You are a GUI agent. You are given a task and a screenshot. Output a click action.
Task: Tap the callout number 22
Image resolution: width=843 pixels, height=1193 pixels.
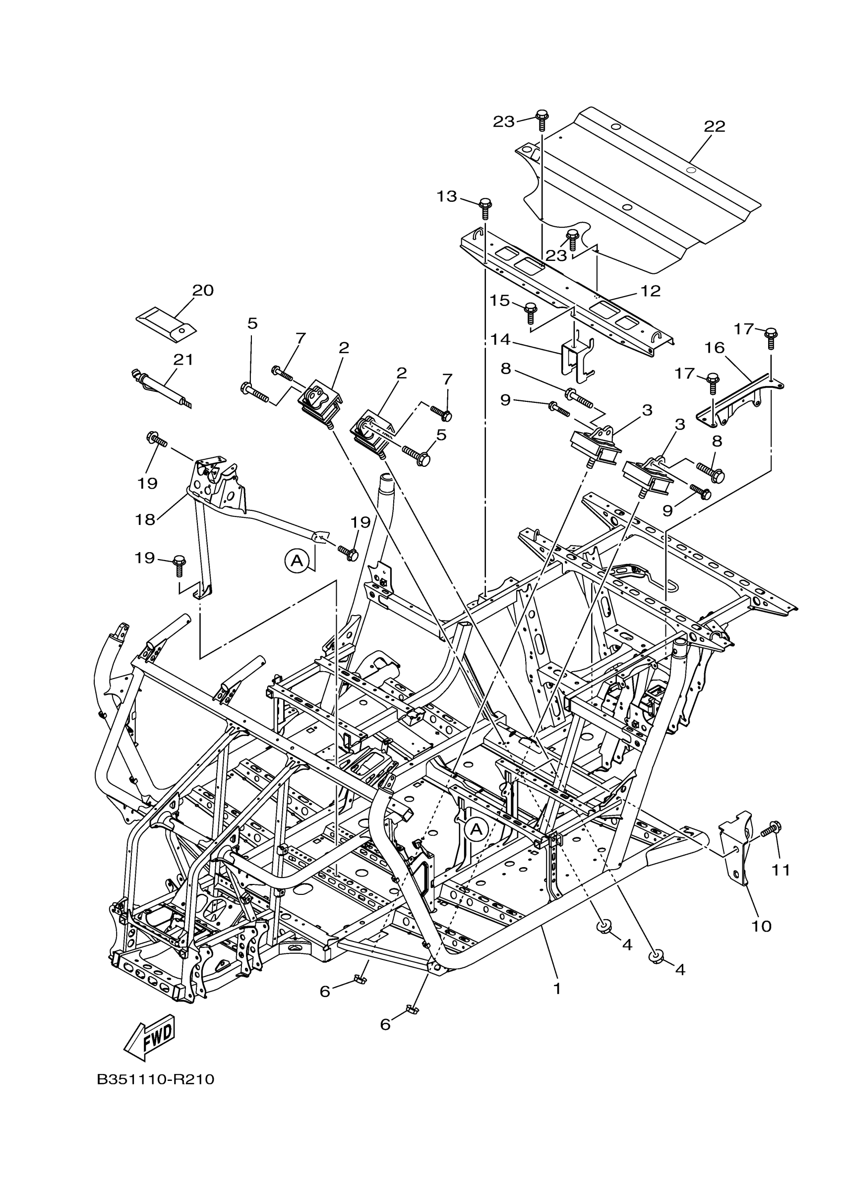pos(714,126)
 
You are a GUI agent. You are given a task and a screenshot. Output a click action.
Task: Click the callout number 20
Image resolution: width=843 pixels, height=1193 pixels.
pos(203,291)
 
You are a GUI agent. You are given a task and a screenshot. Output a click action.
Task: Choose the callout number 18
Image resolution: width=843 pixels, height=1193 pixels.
pos(145,519)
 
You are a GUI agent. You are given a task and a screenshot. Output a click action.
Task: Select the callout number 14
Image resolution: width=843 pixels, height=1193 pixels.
pos(500,340)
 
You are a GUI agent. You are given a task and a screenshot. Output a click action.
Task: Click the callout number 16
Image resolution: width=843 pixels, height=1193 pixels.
pos(715,348)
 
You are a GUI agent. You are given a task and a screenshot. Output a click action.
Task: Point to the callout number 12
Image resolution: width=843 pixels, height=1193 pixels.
pos(650,291)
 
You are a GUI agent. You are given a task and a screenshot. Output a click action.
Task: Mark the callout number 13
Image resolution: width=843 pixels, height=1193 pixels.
pos(447,196)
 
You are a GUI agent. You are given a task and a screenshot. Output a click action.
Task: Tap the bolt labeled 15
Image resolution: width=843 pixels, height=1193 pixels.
pos(530,314)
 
